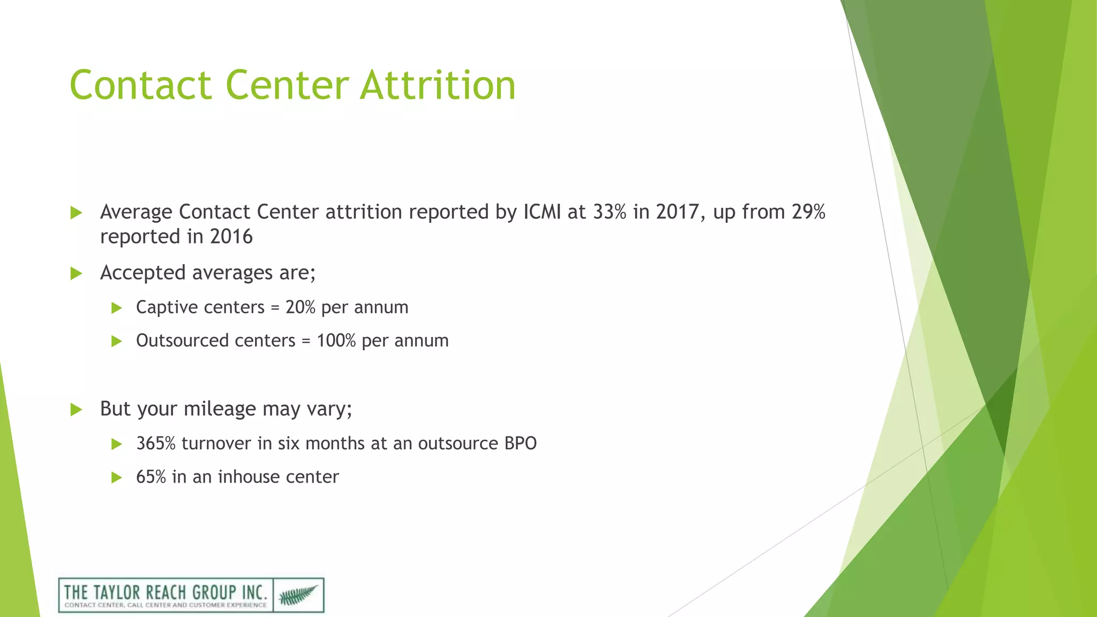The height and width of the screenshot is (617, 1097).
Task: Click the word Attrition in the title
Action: pyautogui.click(x=438, y=85)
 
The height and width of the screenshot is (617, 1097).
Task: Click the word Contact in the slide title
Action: pyautogui.click(x=141, y=85)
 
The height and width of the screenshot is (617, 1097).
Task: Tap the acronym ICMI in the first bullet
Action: pyautogui.click(x=542, y=212)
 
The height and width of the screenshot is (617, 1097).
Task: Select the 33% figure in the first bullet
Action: pyautogui.click(x=610, y=212)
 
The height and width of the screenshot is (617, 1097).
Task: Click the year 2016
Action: pyautogui.click(x=231, y=237)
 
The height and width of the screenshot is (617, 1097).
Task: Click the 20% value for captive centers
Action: pyautogui.click(x=300, y=307)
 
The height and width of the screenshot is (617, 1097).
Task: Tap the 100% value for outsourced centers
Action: pyautogui.click(x=336, y=341)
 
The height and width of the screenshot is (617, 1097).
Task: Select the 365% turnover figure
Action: pyautogui.click(x=156, y=443)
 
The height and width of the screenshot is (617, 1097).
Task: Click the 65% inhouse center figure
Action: pyautogui.click(x=151, y=477)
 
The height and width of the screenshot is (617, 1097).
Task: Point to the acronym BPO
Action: pyautogui.click(x=520, y=443)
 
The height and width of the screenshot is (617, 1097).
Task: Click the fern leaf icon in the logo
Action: pyautogui.click(x=298, y=595)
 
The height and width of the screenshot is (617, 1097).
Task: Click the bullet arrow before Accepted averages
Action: pyautogui.click(x=76, y=274)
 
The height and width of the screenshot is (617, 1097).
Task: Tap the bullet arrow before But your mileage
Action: pyautogui.click(x=76, y=410)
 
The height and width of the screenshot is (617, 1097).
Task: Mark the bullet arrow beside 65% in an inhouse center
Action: pyautogui.click(x=116, y=477)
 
